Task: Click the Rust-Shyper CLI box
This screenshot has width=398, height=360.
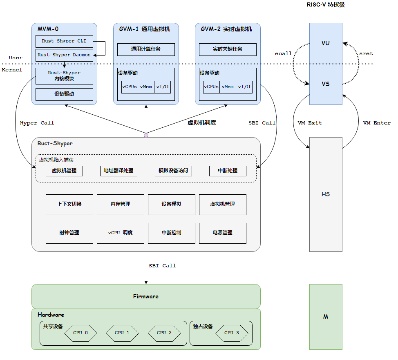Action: tap(64, 41)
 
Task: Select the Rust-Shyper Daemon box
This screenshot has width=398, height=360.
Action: tap(64, 55)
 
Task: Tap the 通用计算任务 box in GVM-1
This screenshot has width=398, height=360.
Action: tap(146, 49)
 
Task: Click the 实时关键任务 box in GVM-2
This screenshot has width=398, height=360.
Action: tap(228, 49)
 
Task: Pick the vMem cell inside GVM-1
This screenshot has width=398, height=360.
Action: tap(146, 87)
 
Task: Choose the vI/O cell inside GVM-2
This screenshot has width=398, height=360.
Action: tap(244, 87)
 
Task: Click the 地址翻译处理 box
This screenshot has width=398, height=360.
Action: tap(119, 171)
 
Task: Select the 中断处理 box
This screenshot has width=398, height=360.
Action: tap(228, 171)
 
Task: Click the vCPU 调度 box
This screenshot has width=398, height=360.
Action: tap(120, 233)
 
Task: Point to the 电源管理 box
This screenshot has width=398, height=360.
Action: tap(223, 233)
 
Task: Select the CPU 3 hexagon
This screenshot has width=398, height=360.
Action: tap(232, 333)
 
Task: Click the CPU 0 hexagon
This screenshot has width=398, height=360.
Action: tap(80, 333)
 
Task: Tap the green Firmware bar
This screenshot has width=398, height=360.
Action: tap(146, 296)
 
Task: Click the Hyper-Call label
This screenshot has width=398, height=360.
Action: tap(37, 123)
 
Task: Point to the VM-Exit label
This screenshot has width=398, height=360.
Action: tap(310, 123)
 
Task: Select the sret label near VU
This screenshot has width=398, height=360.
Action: tap(366, 53)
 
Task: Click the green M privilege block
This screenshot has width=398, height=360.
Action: tap(326, 317)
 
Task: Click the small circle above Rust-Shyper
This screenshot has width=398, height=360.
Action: tap(146, 135)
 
